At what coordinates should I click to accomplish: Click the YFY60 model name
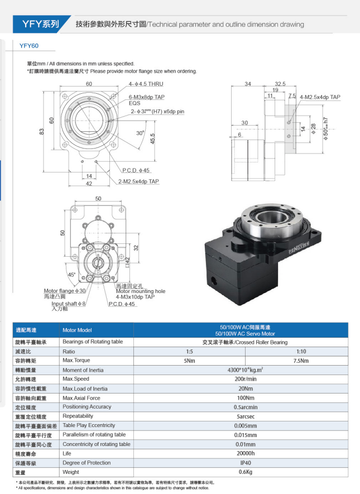(29, 47)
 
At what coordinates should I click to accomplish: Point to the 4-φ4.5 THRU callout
(146, 84)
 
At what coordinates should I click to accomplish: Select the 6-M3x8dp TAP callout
(147, 97)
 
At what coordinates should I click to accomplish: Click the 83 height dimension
(41, 132)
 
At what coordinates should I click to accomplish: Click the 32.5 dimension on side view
(280, 84)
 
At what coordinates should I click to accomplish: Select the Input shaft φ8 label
(69, 304)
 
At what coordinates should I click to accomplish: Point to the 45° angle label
(71, 275)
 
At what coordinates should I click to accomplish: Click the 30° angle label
(140, 133)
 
